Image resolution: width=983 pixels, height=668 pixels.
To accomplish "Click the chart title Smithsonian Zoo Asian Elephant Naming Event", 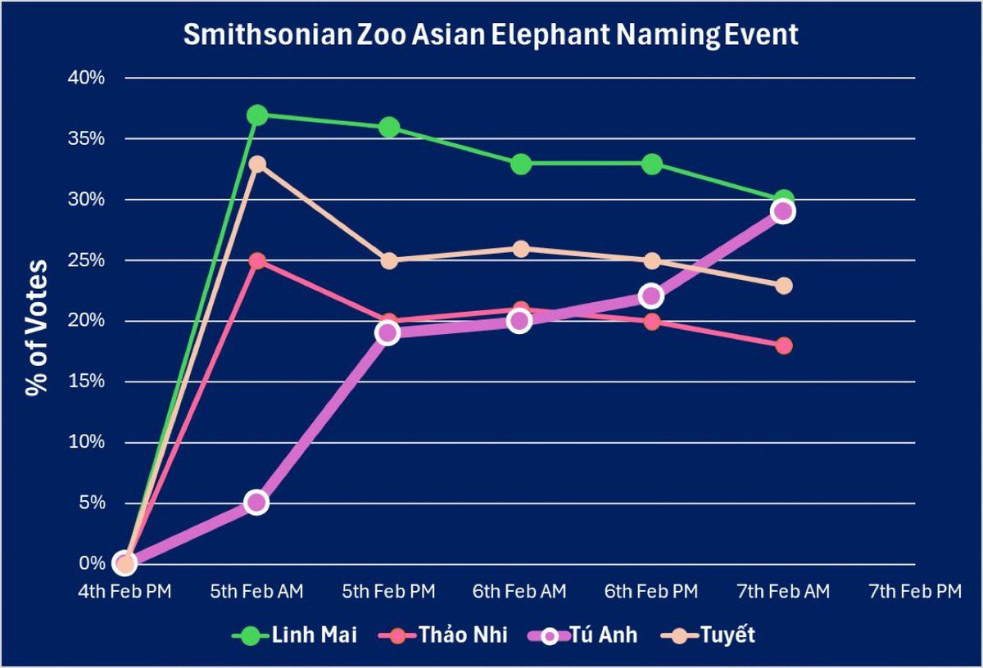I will (490, 36).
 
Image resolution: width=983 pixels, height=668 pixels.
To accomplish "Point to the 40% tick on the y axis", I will (104, 79).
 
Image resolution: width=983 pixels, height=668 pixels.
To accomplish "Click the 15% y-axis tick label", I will (104, 381).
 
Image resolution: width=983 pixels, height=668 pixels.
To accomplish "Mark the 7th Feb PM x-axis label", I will (914, 591).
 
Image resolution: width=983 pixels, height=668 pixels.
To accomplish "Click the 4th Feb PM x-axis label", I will (125, 591).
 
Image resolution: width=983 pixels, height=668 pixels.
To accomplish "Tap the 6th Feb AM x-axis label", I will (520, 591).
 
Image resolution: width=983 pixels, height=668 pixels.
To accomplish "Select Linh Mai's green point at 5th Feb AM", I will (257, 115).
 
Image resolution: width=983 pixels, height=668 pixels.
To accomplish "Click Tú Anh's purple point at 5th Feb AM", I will (256, 502).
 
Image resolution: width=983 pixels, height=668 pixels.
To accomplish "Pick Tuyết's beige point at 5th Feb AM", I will (257, 164).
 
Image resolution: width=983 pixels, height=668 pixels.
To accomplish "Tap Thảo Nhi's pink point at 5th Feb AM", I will (257, 261).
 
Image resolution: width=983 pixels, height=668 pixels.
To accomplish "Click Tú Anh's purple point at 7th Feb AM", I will (782, 212).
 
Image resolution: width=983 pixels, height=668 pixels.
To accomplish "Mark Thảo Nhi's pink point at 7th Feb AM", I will (784, 345).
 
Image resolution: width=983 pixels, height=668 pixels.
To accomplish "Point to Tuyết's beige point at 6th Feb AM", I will (520, 249).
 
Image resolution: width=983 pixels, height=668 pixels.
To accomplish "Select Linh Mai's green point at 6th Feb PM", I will (652, 164).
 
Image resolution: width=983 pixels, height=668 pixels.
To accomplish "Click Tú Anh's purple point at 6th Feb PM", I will (651, 296).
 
